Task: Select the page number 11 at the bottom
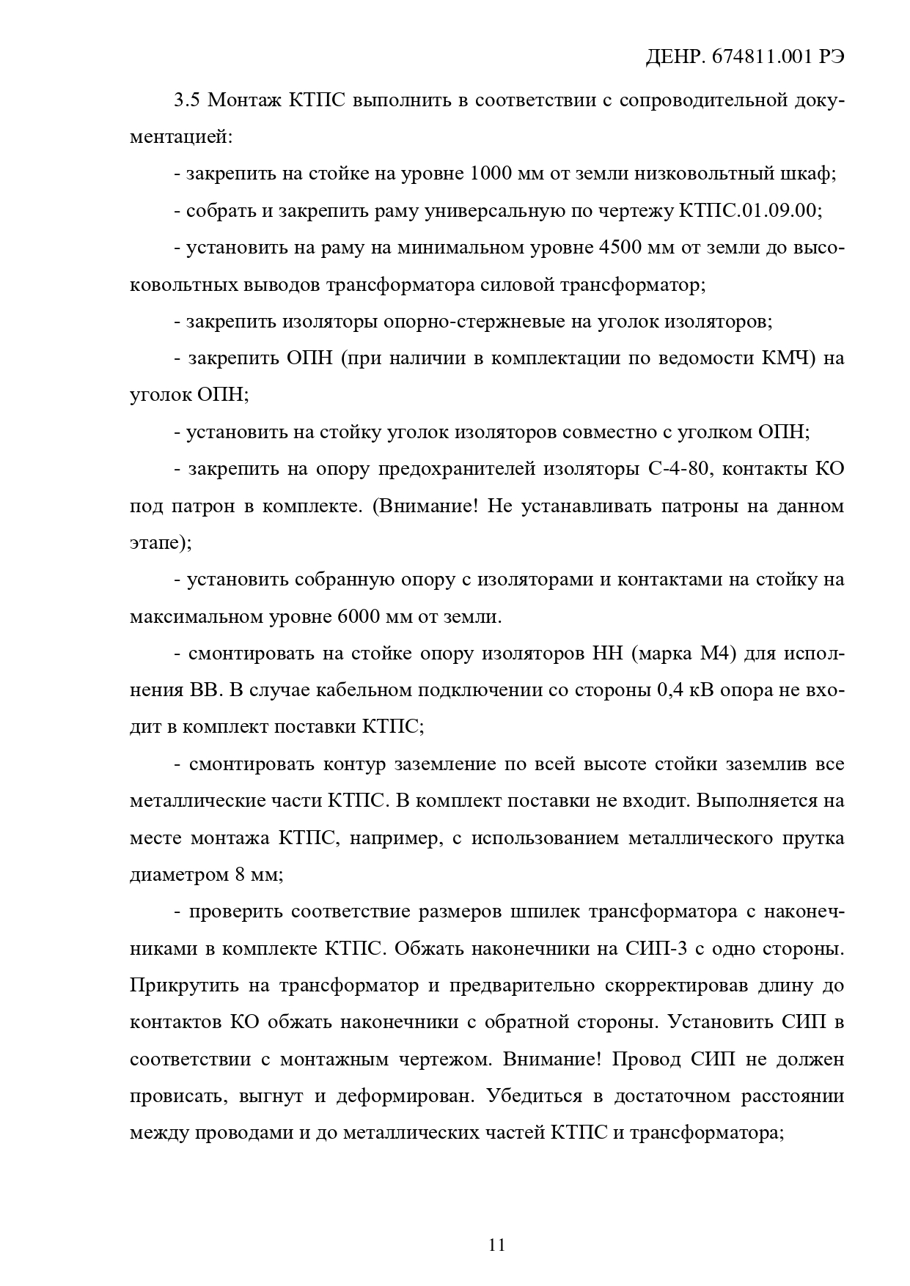point(496,1245)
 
